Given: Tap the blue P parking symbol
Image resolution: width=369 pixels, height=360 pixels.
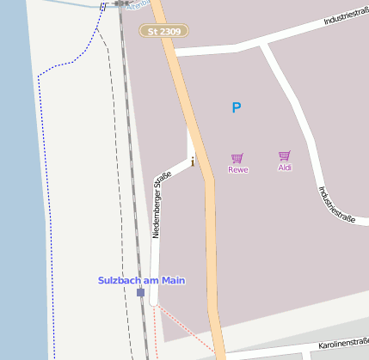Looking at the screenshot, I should (x=237, y=107).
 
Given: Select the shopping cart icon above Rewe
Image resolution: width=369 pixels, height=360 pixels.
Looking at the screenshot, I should (x=237, y=158).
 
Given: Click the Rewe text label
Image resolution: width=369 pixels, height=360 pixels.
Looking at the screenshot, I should (x=238, y=169).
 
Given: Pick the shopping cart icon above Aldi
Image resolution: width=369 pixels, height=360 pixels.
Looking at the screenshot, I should (x=285, y=156).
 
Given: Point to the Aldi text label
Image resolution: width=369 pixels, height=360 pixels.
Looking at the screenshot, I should (x=285, y=168).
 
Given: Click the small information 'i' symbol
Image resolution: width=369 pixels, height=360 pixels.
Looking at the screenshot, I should (x=193, y=160).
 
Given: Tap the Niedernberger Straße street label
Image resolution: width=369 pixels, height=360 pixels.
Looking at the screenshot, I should (x=161, y=204).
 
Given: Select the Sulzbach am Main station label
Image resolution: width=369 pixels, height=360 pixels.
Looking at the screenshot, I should (x=141, y=280).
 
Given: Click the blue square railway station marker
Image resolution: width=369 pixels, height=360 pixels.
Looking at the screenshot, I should (x=140, y=292).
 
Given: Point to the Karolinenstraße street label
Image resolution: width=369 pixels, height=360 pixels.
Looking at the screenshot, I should (x=342, y=345).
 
